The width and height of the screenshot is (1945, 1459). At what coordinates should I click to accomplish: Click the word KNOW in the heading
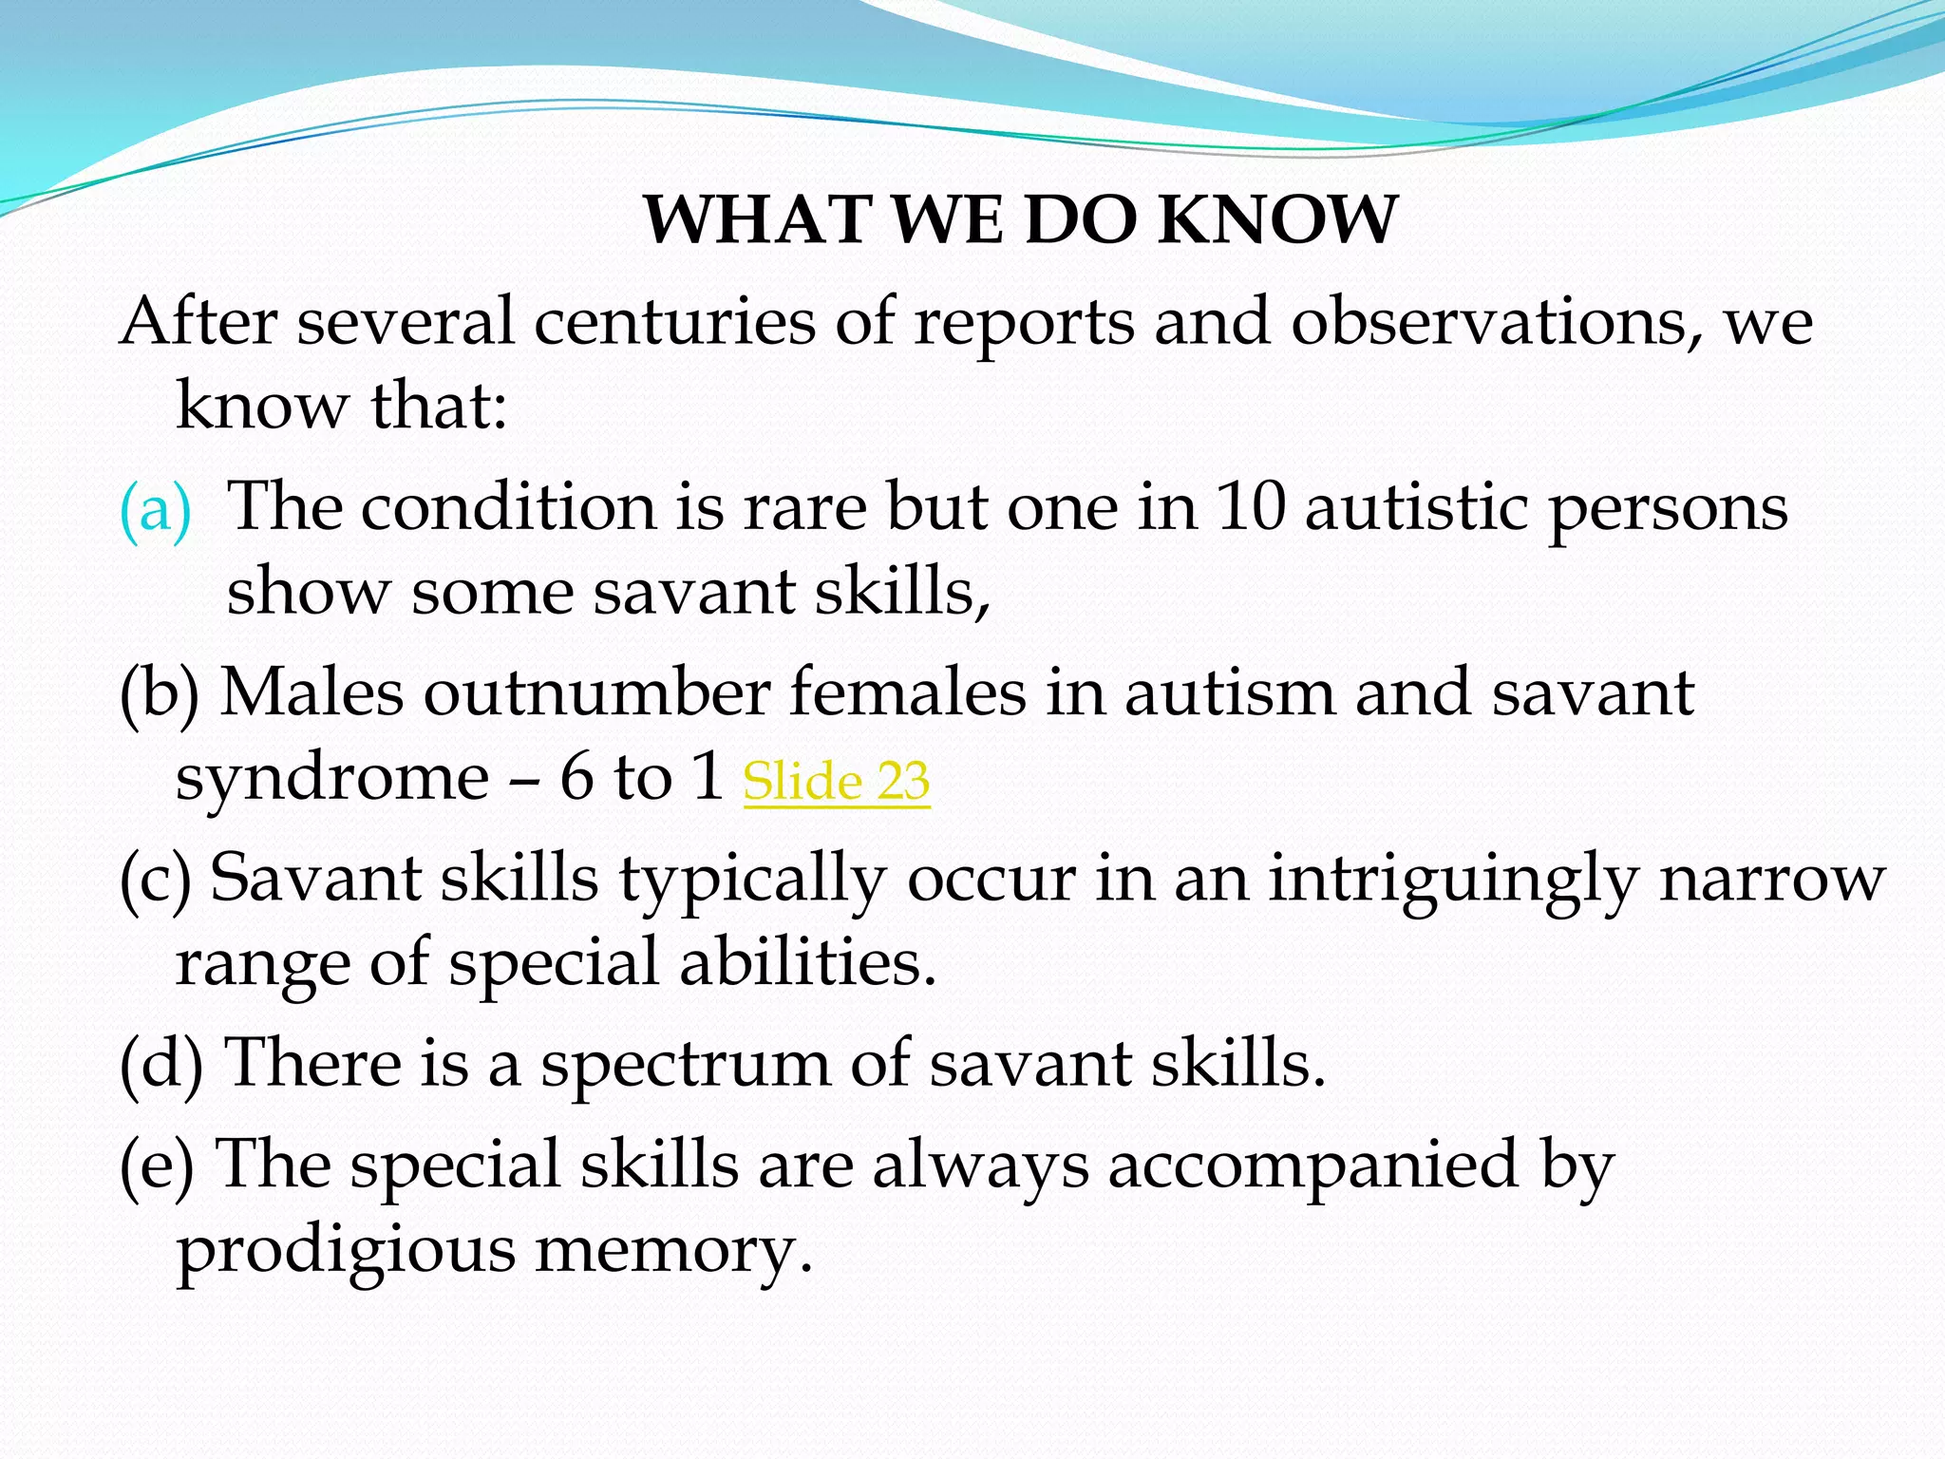click(1277, 219)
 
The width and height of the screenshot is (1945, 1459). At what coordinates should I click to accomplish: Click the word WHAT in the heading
click(757, 219)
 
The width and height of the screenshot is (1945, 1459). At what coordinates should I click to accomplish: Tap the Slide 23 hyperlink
click(836, 782)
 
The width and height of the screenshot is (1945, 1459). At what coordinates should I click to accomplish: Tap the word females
click(908, 692)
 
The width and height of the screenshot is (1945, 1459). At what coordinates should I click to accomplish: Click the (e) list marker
click(157, 1165)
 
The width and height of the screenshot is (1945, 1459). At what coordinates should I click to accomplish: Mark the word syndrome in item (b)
click(331, 778)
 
